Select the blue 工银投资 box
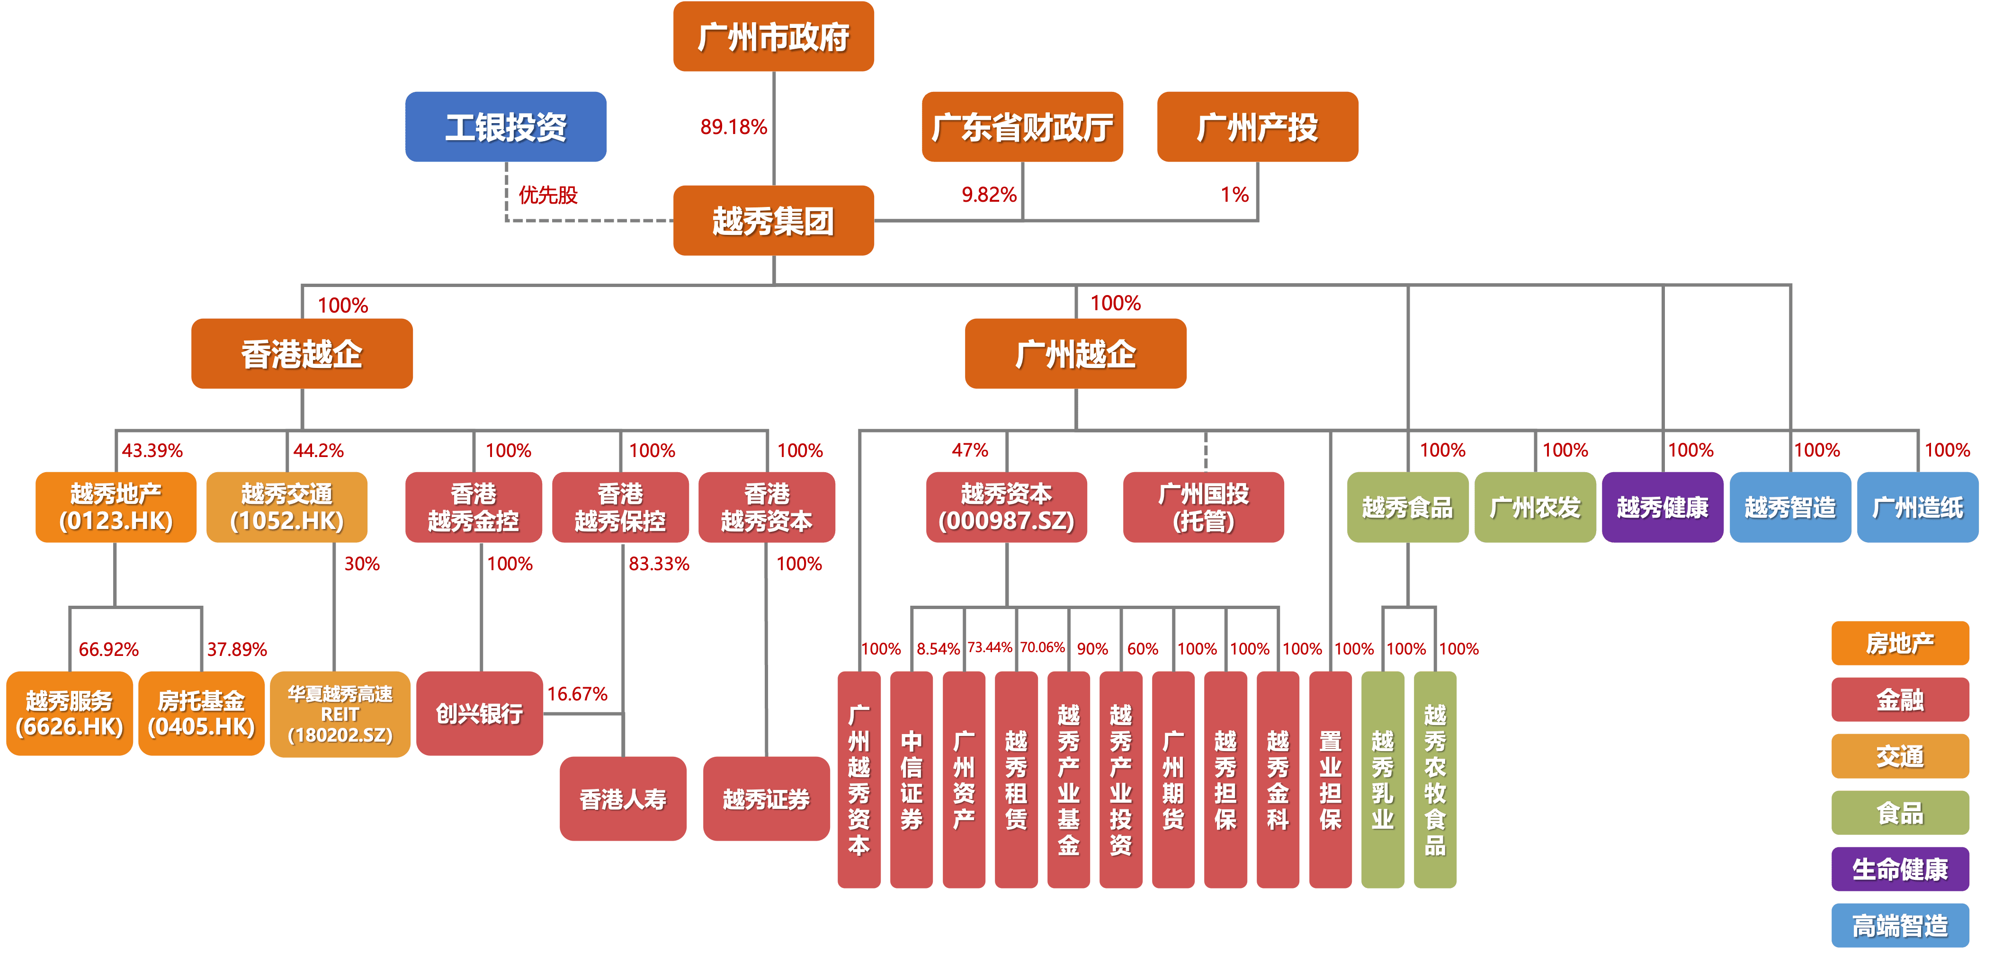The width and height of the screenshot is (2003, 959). click(x=505, y=127)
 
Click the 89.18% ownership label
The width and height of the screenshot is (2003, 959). click(x=733, y=127)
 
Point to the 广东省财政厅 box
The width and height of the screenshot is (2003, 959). click(x=1022, y=127)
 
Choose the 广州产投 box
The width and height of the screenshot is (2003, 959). click(x=1257, y=127)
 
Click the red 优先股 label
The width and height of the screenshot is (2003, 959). click(x=548, y=195)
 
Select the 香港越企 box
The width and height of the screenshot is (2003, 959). click(x=302, y=354)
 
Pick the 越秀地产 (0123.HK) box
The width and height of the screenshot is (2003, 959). click(x=116, y=507)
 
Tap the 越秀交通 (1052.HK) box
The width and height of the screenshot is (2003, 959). click(x=287, y=507)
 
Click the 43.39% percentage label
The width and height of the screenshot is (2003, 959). click(x=152, y=450)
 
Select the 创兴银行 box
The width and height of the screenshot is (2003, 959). click(x=479, y=713)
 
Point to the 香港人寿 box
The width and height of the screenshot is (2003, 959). click(x=623, y=799)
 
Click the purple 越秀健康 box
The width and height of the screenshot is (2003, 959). click(x=1663, y=507)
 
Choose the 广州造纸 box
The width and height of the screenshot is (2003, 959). click(x=1917, y=507)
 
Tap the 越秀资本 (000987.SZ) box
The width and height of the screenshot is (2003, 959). click(x=1006, y=507)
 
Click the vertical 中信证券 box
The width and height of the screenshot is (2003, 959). click(x=912, y=780)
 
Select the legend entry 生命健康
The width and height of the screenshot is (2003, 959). click(x=1900, y=869)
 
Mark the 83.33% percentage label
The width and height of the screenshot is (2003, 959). click(x=659, y=564)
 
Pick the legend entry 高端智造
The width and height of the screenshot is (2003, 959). click(x=1900, y=925)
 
